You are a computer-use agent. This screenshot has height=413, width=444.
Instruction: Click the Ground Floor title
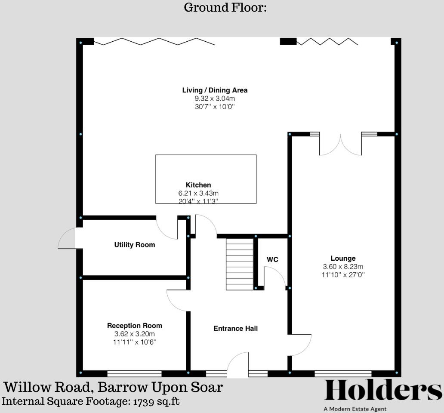(225, 8)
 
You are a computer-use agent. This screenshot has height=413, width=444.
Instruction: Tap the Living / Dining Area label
(215, 90)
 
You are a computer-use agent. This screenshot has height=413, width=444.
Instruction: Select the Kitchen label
(198, 185)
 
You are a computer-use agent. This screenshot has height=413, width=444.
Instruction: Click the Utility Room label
(134, 245)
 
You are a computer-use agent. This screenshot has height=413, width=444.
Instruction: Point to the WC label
(272, 259)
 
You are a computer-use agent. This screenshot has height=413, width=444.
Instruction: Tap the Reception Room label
(134, 326)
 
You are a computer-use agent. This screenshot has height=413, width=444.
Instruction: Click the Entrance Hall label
(235, 329)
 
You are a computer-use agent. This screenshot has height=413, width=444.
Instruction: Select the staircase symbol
(240, 265)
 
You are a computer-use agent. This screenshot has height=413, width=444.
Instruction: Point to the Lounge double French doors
(340, 145)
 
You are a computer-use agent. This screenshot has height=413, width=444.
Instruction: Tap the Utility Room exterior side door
(67, 238)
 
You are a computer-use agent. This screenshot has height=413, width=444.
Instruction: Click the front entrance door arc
(238, 364)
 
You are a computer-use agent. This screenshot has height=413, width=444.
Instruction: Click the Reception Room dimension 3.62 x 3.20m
(134, 334)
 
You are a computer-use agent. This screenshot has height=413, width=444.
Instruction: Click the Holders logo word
(382, 391)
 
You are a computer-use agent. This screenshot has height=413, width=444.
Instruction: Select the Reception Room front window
(134, 373)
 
